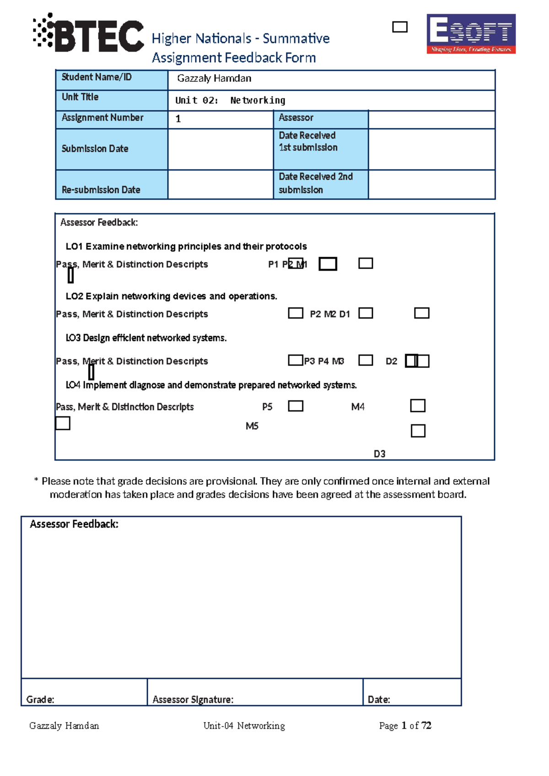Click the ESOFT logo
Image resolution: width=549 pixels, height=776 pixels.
471,34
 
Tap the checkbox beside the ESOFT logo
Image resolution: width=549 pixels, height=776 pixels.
399,27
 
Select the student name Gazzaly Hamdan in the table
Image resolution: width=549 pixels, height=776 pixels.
214,79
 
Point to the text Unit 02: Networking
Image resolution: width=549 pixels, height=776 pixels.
230,100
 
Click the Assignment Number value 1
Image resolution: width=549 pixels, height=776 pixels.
178,119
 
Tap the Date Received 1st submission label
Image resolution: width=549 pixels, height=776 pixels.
308,141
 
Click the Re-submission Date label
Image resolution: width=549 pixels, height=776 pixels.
101,189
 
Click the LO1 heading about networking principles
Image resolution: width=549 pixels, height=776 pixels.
186,247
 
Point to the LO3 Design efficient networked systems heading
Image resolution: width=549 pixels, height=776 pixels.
146,338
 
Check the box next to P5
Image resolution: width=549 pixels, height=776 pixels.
296,406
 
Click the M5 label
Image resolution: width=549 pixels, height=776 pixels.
252,426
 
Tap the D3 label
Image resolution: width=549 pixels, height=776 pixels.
379,454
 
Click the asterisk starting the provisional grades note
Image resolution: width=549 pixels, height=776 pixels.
36,481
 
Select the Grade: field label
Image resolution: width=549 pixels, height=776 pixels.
40,699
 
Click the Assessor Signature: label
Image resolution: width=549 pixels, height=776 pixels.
193,699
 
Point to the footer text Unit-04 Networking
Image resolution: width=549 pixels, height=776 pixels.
244,726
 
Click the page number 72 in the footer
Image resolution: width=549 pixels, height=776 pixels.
426,726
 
